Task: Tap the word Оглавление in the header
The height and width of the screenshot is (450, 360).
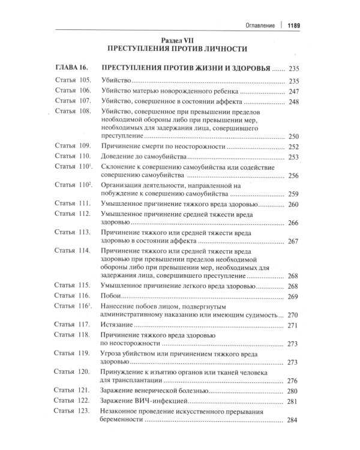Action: (256, 25)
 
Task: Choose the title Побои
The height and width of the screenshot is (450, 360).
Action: (113, 296)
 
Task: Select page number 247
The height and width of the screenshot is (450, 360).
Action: (293, 92)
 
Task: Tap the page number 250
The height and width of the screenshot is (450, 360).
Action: (293, 136)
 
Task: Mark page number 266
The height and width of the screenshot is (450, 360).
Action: (293, 223)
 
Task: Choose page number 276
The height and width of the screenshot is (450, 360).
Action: (293, 380)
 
